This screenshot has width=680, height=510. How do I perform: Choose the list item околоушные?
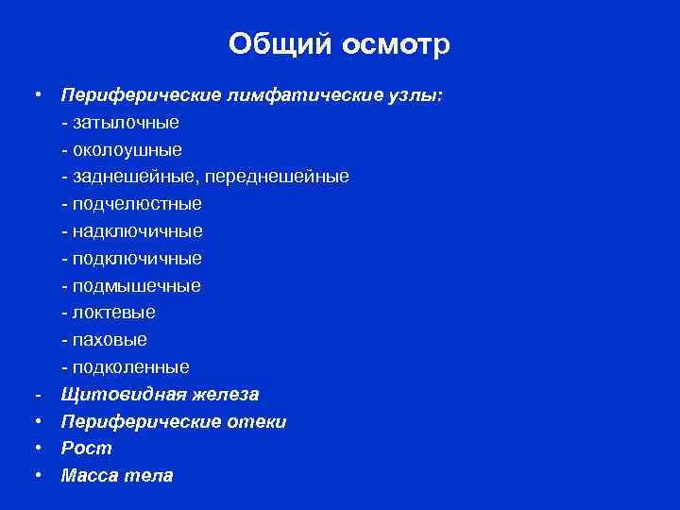coord(126,149)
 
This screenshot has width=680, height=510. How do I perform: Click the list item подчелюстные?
coord(135,204)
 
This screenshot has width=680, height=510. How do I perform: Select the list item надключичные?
coord(136,231)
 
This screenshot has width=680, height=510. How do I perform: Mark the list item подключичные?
coord(136,258)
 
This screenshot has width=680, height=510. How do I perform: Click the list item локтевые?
coord(112,313)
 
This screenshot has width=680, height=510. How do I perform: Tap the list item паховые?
coord(109,339)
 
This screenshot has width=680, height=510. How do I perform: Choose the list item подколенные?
coord(129,366)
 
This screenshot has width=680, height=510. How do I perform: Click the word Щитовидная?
coord(114,394)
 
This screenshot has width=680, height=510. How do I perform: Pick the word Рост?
coord(87,449)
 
